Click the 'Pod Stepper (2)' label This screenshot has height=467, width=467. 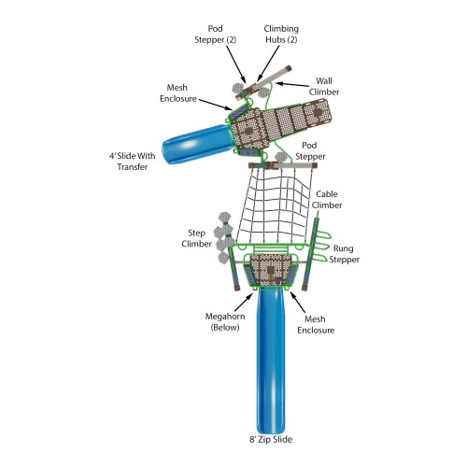click(215, 35)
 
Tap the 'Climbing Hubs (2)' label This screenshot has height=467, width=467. click(281, 35)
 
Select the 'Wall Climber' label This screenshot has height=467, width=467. click(324, 87)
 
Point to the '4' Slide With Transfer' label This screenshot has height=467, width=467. click(133, 162)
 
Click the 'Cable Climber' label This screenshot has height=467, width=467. click(327, 200)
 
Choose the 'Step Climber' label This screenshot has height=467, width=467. click(196, 238)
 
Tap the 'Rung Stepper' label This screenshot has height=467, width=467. click(344, 254)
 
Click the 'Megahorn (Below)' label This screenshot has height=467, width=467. click(225, 322)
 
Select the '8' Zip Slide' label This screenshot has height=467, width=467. click(271, 440)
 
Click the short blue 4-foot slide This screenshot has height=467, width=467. click(196, 144)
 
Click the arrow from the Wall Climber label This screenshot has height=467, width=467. click(292, 84)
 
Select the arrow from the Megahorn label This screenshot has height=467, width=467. click(245, 300)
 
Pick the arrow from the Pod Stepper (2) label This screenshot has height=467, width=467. click(237, 64)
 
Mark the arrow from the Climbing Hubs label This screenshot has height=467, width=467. click(268, 64)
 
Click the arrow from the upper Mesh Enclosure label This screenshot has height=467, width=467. click(216, 105)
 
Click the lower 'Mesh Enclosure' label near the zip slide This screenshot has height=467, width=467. click(316, 325)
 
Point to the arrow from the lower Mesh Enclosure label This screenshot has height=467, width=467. click(297, 303)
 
